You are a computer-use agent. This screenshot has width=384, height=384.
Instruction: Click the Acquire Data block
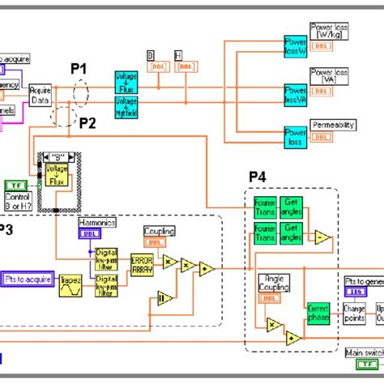pyautogui.click(x=41, y=95)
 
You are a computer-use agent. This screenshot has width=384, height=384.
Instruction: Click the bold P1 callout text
pyautogui.click(x=78, y=70)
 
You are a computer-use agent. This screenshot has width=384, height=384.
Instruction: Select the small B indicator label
pyautogui.click(x=151, y=54)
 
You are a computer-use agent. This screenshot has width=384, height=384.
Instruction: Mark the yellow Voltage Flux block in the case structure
pyautogui.click(x=58, y=176)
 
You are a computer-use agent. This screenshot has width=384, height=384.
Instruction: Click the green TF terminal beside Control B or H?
pyautogui.click(x=16, y=186)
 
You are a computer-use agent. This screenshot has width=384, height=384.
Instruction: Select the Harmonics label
pyautogui.click(x=97, y=221)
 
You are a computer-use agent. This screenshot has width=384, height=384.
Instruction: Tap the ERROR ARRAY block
pyautogui.click(x=142, y=263)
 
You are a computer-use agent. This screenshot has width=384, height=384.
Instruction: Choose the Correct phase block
pyautogui.click(x=316, y=313)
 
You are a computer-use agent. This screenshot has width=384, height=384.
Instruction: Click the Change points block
pyautogui.click(x=354, y=313)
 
